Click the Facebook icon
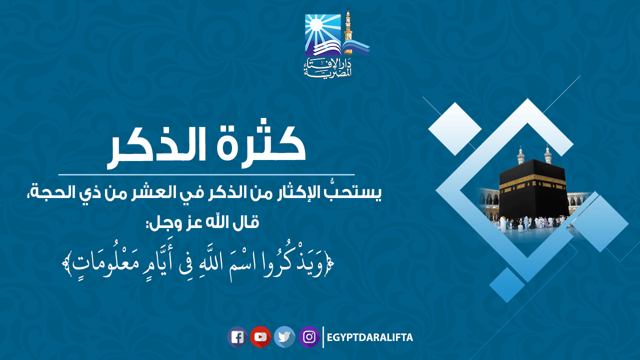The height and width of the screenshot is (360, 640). click(237, 337)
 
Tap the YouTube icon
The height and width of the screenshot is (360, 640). click(260, 337)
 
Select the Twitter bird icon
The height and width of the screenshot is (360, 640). click(284, 337)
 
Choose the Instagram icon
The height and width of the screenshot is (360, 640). click(309, 337)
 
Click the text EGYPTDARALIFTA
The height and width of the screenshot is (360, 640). click(369, 337)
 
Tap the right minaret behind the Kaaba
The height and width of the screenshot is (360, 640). click(547, 154)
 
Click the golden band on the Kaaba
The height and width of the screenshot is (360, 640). click(533, 182)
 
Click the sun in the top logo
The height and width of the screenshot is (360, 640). click(315, 24)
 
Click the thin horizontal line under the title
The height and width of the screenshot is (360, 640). click(206, 174)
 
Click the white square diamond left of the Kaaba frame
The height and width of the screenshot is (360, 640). click(455, 129)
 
